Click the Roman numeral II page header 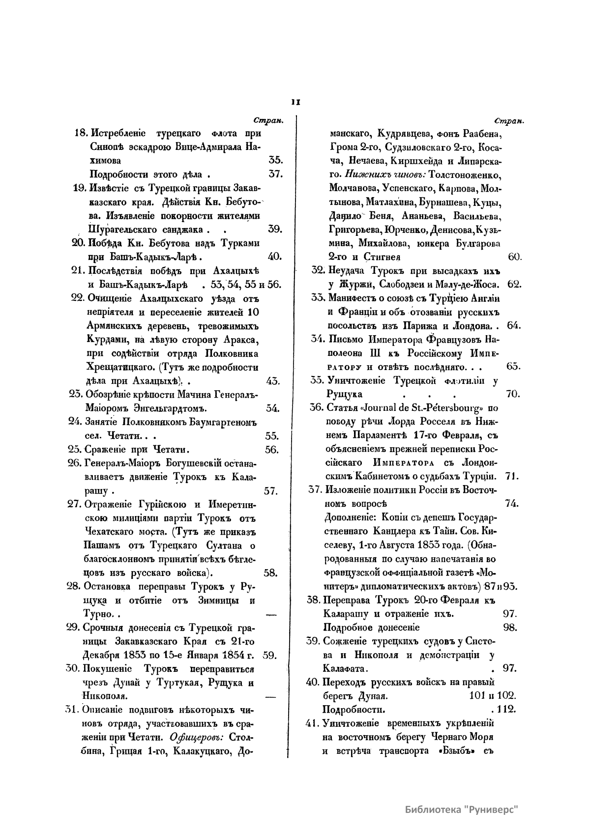pos(295,103)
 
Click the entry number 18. pos(80,133)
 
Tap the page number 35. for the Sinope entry pos(274,160)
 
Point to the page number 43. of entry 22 pos(273,381)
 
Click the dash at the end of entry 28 pos(271,614)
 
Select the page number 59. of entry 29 pos(271,655)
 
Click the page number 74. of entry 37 pos(511,504)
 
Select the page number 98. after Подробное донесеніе pos(510,628)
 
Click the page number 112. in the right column pos(505,710)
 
